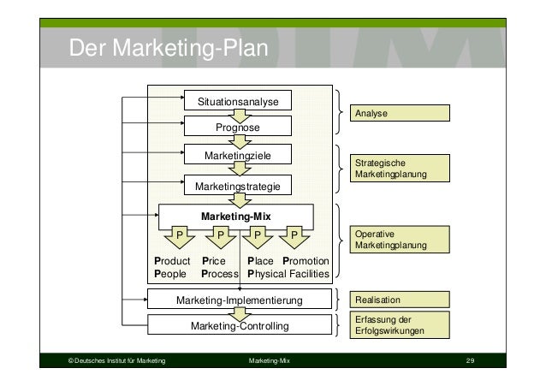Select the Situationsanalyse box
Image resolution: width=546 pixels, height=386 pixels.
(239, 102)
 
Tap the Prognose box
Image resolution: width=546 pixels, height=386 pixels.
(239, 128)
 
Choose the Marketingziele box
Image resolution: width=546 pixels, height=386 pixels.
(239, 157)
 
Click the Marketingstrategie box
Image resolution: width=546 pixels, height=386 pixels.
(239, 186)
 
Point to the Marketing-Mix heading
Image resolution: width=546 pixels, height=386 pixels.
(236, 217)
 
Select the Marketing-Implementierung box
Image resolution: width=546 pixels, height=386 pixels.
(240, 300)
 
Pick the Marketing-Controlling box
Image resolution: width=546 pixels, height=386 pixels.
(240, 325)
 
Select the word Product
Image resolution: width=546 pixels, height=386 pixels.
(171, 261)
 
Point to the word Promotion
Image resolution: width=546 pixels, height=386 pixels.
(306, 261)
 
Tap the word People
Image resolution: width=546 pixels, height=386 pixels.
(169, 275)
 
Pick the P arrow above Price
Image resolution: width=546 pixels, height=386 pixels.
(220, 233)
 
